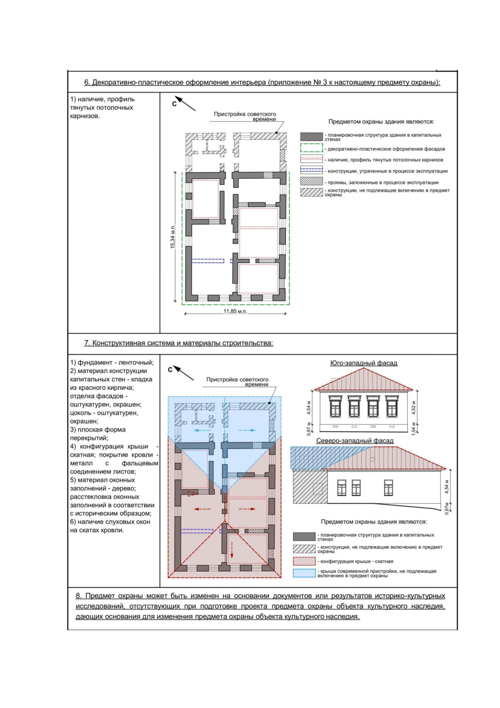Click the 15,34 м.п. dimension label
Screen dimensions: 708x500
[172, 237]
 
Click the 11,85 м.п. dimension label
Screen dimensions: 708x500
[235, 311]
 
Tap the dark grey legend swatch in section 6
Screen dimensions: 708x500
[311, 137]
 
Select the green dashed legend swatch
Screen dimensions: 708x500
[311, 148]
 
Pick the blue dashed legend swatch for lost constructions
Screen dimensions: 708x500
[311, 170]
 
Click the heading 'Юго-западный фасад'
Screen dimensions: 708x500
[363, 363]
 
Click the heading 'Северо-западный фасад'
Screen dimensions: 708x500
[355, 441]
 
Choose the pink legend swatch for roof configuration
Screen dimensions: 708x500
[304, 561]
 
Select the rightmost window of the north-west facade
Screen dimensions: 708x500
[388, 487]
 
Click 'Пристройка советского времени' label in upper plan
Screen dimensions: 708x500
[245, 116]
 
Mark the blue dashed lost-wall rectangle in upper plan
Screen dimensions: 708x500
[207, 261]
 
